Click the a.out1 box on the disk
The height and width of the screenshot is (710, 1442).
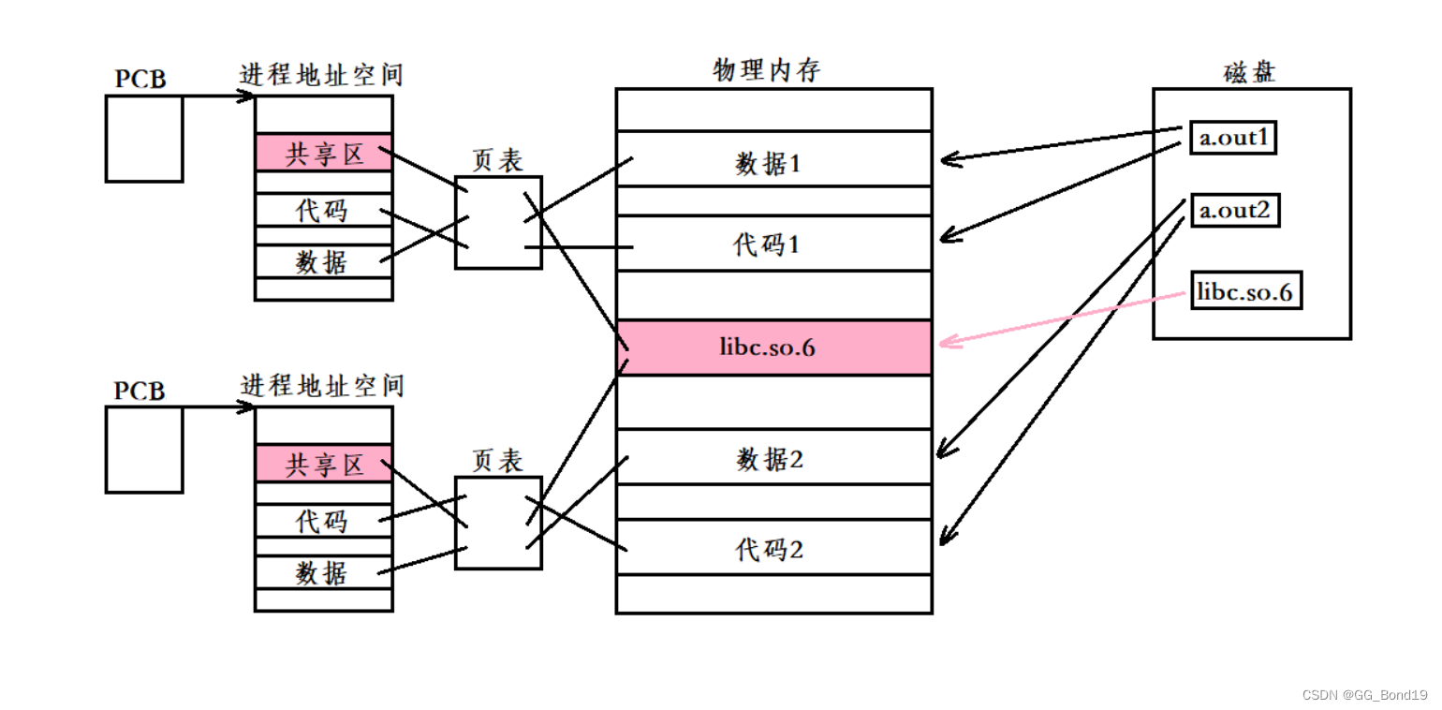coord(1233,138)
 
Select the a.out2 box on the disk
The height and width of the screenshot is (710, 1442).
coord(1234,211)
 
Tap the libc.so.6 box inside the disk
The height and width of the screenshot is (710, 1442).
coord(1246,292)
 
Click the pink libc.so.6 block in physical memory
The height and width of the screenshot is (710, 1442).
coord(773,348)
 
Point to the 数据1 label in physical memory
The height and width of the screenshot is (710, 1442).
coord(768,165)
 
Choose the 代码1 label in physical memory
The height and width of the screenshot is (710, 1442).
coord(768,244)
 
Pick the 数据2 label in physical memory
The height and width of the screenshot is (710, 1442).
coord(770,459)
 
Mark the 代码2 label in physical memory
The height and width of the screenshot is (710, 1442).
coord(770,549)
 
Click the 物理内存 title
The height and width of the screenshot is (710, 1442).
coord(767,70)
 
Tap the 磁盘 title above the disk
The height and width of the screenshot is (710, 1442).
coord(1249,71)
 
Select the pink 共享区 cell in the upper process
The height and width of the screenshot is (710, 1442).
coord(324,153)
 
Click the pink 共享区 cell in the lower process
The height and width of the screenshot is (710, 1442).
coord(324,464)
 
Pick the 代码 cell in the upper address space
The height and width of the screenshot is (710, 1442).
coord(323,211)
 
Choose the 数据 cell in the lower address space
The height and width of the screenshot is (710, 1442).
coord(323,572)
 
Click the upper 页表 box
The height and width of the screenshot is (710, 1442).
coord(498,223)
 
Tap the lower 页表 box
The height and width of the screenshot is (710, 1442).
coord(498,523)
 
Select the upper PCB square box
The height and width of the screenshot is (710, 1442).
coord(143,139)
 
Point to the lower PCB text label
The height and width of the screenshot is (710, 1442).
coord(140,390)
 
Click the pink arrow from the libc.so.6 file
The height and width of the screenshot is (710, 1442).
coord(1058,319)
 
